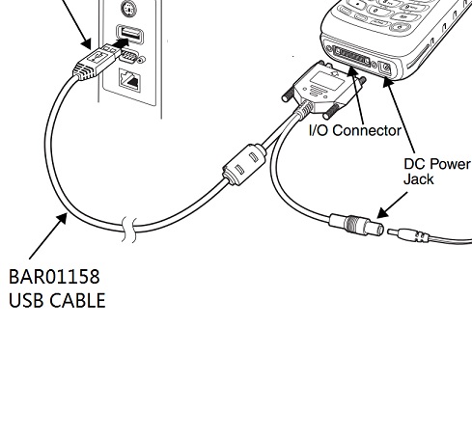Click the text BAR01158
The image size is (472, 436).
[54, 277]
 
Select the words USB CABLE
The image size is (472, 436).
[57, 301]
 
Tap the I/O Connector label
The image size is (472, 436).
[355, 130]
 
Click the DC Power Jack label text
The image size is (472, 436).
[436, 172]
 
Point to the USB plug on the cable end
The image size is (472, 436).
[96, 62]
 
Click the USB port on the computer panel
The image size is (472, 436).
[129, 35]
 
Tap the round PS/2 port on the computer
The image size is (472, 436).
[128, 9]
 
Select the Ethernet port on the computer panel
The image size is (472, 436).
[129, 80]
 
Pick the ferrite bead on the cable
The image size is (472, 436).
[244, 164]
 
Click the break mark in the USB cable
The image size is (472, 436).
[129, 229]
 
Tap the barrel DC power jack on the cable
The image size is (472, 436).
[356, 224]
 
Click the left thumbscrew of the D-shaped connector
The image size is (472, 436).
[289, 95]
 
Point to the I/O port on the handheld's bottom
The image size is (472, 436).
[351, 57]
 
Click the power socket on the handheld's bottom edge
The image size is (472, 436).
[385, 68]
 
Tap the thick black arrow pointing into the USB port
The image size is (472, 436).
[122, 43]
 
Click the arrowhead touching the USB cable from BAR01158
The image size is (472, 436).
[62, 219]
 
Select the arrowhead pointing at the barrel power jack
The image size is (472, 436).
[383, 212]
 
